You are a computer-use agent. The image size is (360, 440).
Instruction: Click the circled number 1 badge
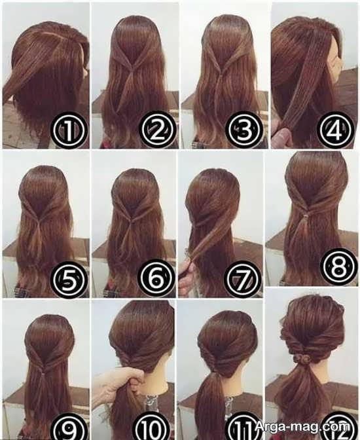click(x=69, y=130)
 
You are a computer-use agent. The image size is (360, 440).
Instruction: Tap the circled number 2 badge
click(x=157, y=130)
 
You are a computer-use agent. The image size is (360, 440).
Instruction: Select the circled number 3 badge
click(x=244, y=130)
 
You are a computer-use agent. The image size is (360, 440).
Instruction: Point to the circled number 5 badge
click(x=68, y=280)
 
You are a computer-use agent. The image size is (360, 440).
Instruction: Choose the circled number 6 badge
click(x=156, y=279)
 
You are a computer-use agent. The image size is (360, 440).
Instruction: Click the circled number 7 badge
click(x=243, y=279)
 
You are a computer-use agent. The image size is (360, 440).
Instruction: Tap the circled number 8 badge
click(x=339, y=266)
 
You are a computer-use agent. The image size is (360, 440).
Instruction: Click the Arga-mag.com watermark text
click(x=303, y=427)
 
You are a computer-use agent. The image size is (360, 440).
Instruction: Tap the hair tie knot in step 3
click(x=221, y=75)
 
